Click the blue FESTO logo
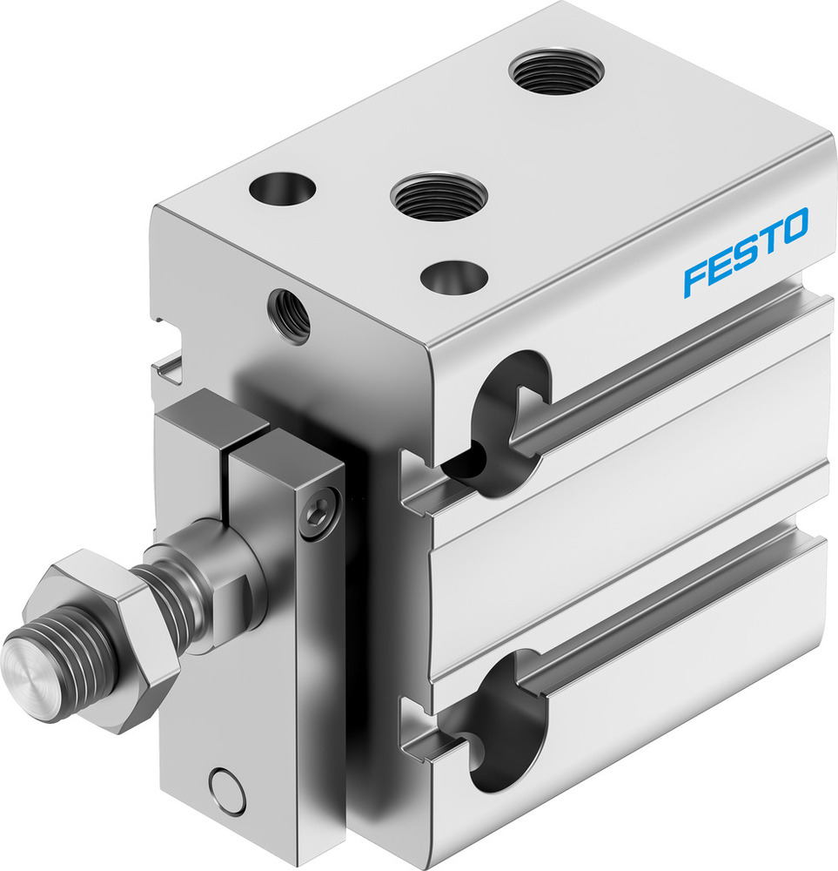[746, 252]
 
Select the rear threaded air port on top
[556, 71]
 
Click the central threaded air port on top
[438, 196]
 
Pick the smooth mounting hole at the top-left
[281, 187]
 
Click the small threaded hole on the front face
[290, 315]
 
